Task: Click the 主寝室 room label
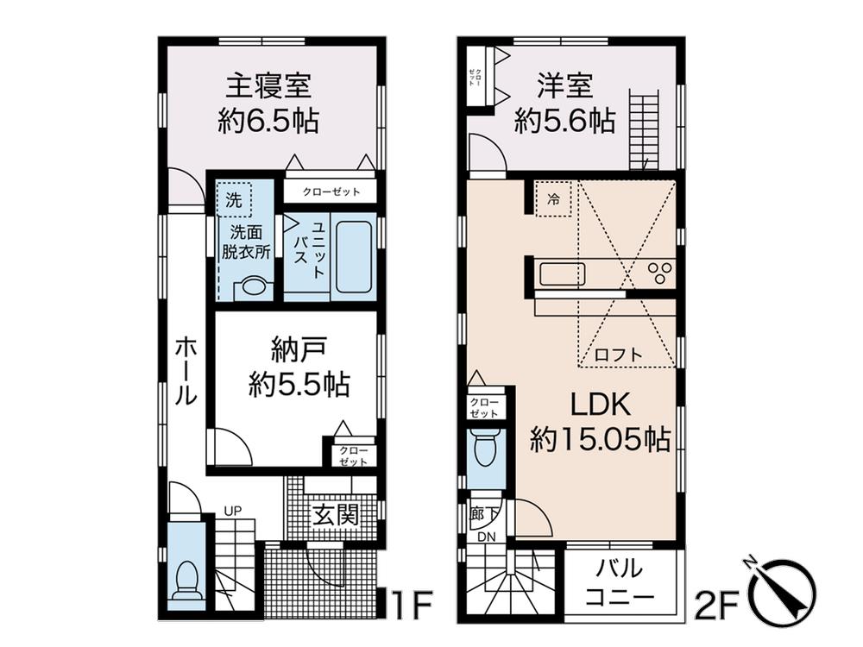[x=268, y=87]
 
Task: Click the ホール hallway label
[x=186, y=371]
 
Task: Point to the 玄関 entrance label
[x=335, y=516]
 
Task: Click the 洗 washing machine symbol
[x=234, y=199]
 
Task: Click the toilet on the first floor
[x=186, y=581]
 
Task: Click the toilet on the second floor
[x=487, y=449]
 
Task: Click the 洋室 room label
[x=564, y=87]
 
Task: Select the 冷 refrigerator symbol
[x=554, y=199]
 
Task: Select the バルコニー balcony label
[x=620, y=582]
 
